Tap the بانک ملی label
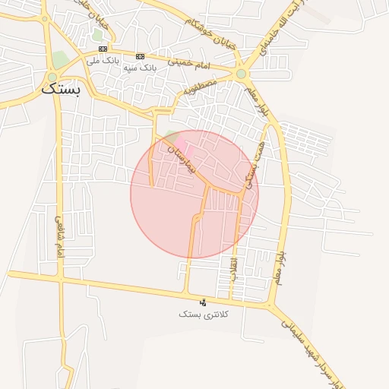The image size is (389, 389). (104, 60)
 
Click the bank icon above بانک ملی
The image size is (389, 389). (103, 49)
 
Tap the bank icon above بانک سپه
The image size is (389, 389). (140, 56)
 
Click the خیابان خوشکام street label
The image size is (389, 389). (207, 31)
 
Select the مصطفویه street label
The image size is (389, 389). (199, 90)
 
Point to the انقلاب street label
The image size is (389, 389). (233, 269)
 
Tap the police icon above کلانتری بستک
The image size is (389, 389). (202, 302)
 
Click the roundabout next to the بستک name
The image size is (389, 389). (52, 77)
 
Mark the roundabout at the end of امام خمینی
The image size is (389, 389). (242, 74)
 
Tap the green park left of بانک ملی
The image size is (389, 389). (60, 59)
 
